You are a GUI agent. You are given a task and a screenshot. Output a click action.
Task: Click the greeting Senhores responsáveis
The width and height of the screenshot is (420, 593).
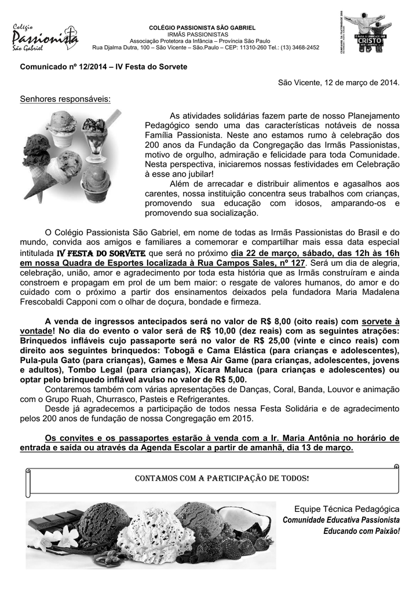point(65,99)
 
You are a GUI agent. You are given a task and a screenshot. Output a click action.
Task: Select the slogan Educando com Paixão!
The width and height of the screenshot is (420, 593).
point(361,531)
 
